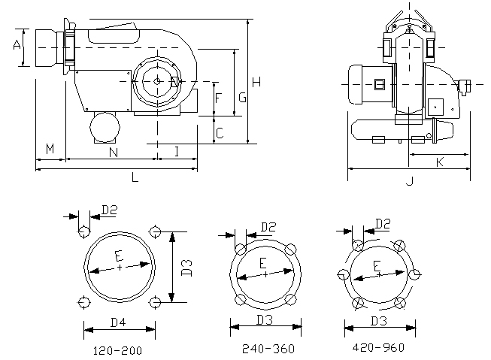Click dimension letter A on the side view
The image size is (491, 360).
(17, 46)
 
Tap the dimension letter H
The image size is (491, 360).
(257, 81)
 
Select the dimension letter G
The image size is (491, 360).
(242, 97)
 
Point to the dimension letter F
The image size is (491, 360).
(218, 98)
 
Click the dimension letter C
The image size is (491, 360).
(219, 134)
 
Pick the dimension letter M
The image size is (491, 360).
(50, 149)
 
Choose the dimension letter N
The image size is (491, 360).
(113, 153)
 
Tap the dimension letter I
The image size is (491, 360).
(176, 152)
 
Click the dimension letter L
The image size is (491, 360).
(135, 178)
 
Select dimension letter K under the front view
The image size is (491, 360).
(439, 162)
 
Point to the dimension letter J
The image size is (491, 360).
(409, 180)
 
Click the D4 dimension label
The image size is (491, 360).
(119, 322)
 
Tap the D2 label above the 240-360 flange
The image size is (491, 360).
(268, 226)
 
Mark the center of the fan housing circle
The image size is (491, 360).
(156, 81)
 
